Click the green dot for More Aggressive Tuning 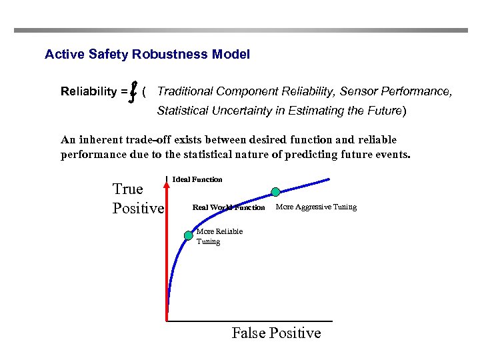[x=275, y=192]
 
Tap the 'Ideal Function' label [x=197, y=179]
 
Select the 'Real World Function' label [x=229, y=207]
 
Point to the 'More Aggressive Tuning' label [x=316, y=207]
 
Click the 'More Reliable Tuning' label [x=219, y=236]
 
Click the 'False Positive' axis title [x=276, y=333]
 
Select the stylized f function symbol [x=134, y=91]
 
